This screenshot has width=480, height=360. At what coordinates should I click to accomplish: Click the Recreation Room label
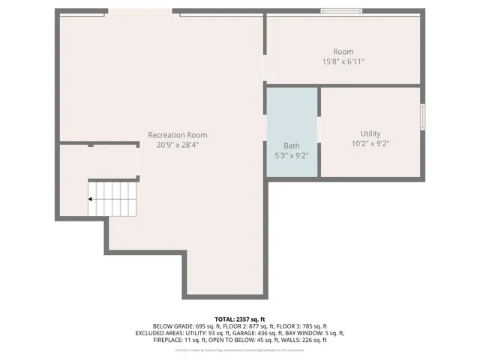point(177,135)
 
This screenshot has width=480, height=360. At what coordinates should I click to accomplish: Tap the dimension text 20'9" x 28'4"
point(177,145)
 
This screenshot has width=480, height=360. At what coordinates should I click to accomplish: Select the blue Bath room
point(292,120)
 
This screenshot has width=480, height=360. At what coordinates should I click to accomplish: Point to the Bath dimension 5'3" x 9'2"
point(292,156)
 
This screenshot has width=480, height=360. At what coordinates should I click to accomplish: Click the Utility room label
point(370,133)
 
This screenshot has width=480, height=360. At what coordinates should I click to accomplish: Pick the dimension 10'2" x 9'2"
point(370,143)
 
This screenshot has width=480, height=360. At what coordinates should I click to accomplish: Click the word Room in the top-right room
point(343,52)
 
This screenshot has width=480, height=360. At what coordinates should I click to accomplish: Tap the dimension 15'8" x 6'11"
point(343,62)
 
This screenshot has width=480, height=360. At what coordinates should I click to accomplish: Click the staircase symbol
point(113,199)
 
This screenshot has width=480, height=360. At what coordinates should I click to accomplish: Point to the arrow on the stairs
point(91,199)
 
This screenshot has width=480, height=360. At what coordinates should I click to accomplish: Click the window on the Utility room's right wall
point(422,117)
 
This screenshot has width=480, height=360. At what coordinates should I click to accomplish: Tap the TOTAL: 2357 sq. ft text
point(240,319)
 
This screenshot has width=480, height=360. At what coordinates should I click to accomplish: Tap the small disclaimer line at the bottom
point(240,349)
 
